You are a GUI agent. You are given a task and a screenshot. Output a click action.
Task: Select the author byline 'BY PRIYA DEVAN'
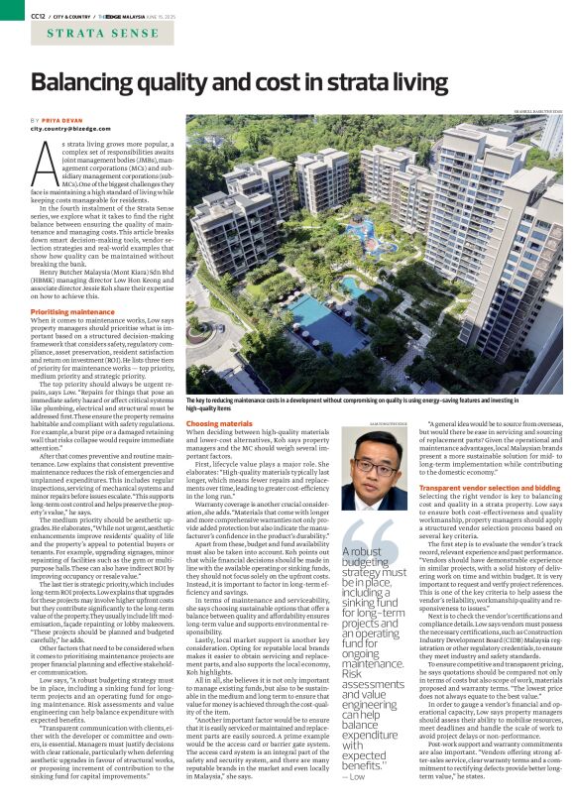pos(56,119)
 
